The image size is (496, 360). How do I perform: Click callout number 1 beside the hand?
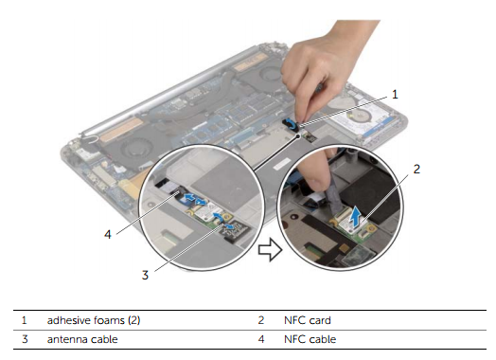pos(395,95)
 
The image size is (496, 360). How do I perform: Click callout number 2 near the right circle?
pos(416,169)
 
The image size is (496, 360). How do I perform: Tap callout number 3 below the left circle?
pos(145,275)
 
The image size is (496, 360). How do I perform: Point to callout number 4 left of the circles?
pos(108,235)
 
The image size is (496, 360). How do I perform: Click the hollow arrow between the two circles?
pos(270,250)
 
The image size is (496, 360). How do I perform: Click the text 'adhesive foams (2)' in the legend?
pos(94,320)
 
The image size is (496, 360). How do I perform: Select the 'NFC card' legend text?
pos(307,320)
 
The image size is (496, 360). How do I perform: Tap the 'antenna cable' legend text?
pos(82,339)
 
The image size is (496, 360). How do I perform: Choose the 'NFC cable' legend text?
pos(310,339)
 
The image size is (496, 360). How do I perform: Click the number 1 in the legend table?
pos(24,320)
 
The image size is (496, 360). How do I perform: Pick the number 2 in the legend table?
pos(260,320)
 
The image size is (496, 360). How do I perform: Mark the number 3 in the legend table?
pos(25,339)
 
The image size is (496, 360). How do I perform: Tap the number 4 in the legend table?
pos(261,339)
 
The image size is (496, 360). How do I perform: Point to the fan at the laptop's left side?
pos(137,150)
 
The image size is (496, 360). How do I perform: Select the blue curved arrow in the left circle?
pos(217,217)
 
